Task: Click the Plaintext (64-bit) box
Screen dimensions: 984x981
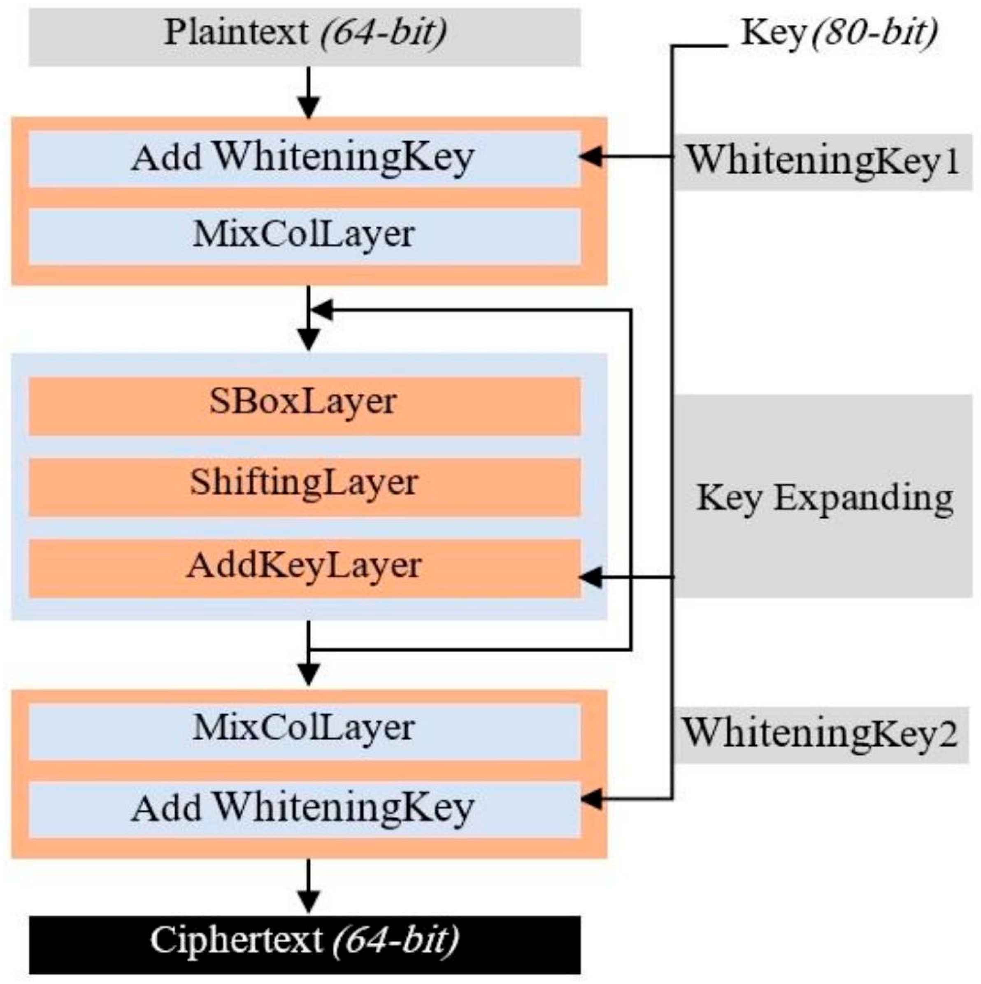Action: click(305, 37)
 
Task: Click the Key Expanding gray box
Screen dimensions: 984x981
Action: click(823, 497)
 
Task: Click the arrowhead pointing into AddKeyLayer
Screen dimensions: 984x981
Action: click(590, 578)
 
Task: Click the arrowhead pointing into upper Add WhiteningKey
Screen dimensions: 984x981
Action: click(590, 157)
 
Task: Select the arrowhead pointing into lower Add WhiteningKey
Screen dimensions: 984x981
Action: click(590, 799)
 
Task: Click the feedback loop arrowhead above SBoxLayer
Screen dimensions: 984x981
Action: click(322, 309)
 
